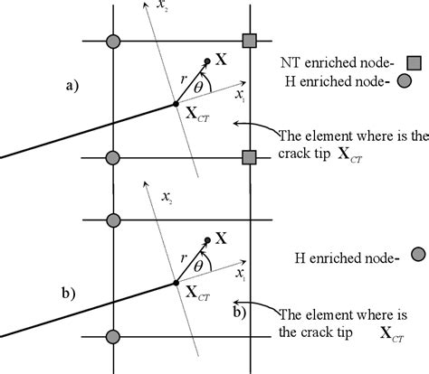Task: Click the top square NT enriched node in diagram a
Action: [250, 41]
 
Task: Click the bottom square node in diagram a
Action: [250, 158]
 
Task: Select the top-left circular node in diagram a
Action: [113, 41]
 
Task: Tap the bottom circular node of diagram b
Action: [113, 336]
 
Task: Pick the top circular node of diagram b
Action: [113, 220]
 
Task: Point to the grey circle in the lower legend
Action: [418, 254]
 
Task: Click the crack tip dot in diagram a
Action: [176, 105]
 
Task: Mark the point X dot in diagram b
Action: [208, 239]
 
